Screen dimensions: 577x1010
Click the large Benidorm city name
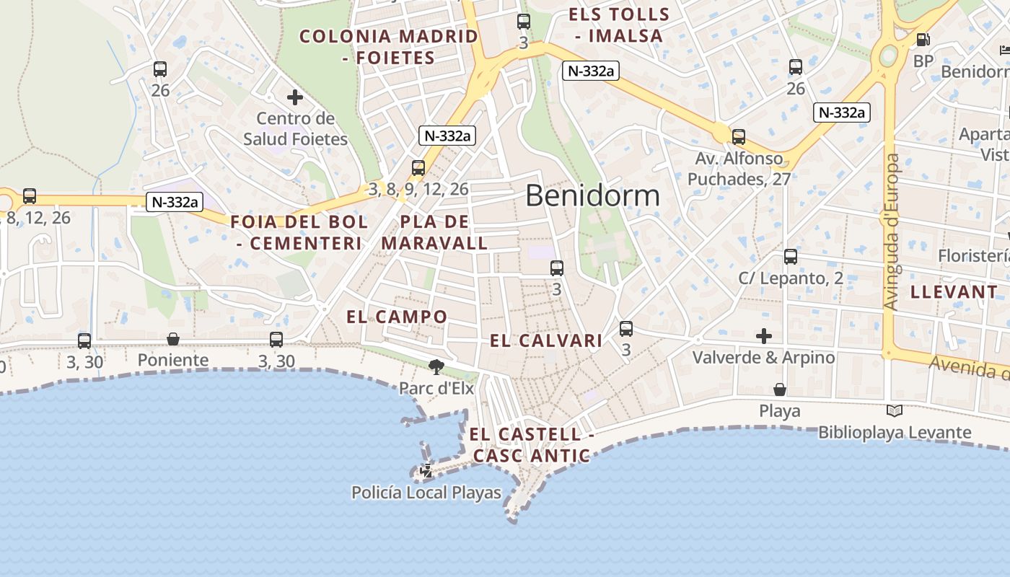coord(592,195)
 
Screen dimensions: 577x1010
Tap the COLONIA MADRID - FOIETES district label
coord(389,47)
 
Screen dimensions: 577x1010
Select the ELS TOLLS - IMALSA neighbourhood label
coord(619,25)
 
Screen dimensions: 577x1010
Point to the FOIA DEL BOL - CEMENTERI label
coord(299,232)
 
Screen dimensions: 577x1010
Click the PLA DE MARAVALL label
coord(434,232)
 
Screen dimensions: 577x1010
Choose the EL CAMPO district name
coord(397,317)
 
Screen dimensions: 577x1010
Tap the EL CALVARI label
coord(546,341)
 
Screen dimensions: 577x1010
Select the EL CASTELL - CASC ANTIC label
coord(532,445)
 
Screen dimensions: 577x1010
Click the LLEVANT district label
coord(954,292)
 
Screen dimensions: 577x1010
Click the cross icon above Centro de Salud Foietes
coord(295,97)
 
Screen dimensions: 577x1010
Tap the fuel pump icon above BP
coord(923,40)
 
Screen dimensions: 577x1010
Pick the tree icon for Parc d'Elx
coord(436,367)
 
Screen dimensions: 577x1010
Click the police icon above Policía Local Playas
coord(426,471)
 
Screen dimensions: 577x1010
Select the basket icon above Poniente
coord(173,339)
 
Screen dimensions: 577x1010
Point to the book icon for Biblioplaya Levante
coord(895,411)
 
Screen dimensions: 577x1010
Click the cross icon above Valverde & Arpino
coord(764,336)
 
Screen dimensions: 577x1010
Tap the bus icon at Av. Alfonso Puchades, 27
coord(739,137)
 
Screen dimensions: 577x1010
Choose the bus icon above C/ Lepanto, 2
coord(791,257)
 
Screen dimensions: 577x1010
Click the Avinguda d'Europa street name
coord(892,232)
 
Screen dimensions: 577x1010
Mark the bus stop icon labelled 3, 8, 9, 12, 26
coord(418,168)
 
